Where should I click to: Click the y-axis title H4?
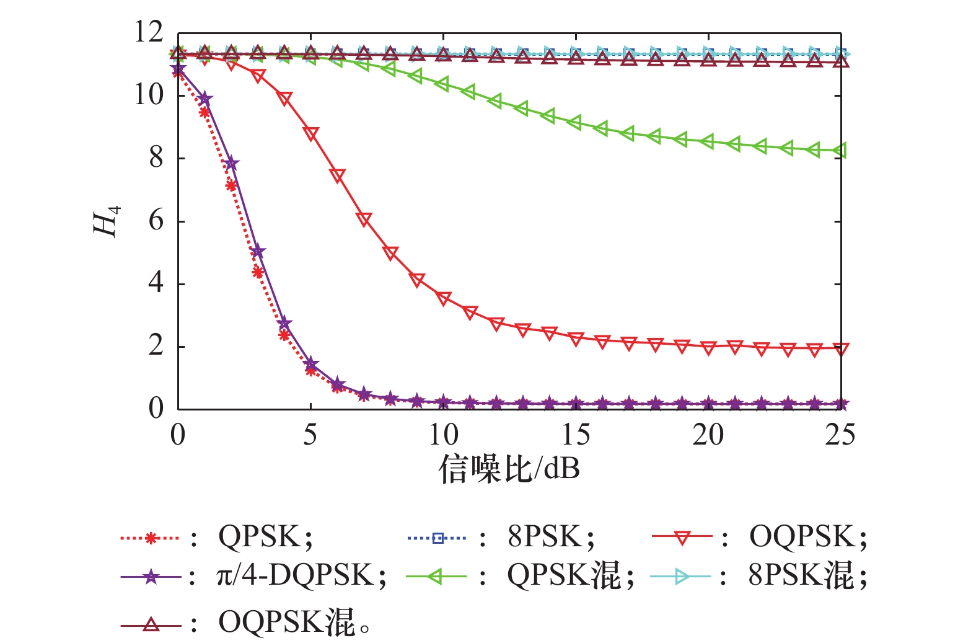point(106,221)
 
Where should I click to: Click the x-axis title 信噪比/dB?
point(509,469)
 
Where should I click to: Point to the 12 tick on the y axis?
point(149,32)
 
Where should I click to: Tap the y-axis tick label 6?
point(156,221)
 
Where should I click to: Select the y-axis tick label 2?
point(156,346)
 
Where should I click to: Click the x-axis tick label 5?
point(310,435)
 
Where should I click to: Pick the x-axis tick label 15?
point(575,435)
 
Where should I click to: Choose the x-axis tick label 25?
point(840,435)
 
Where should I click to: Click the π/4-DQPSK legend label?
point(301,577)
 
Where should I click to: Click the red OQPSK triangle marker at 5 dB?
point(310,135)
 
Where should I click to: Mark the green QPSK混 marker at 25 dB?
point(840,151)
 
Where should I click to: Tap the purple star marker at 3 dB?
point(258,252)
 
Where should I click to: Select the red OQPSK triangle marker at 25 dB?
point(840,349)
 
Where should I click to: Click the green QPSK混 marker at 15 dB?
point(575,123)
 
